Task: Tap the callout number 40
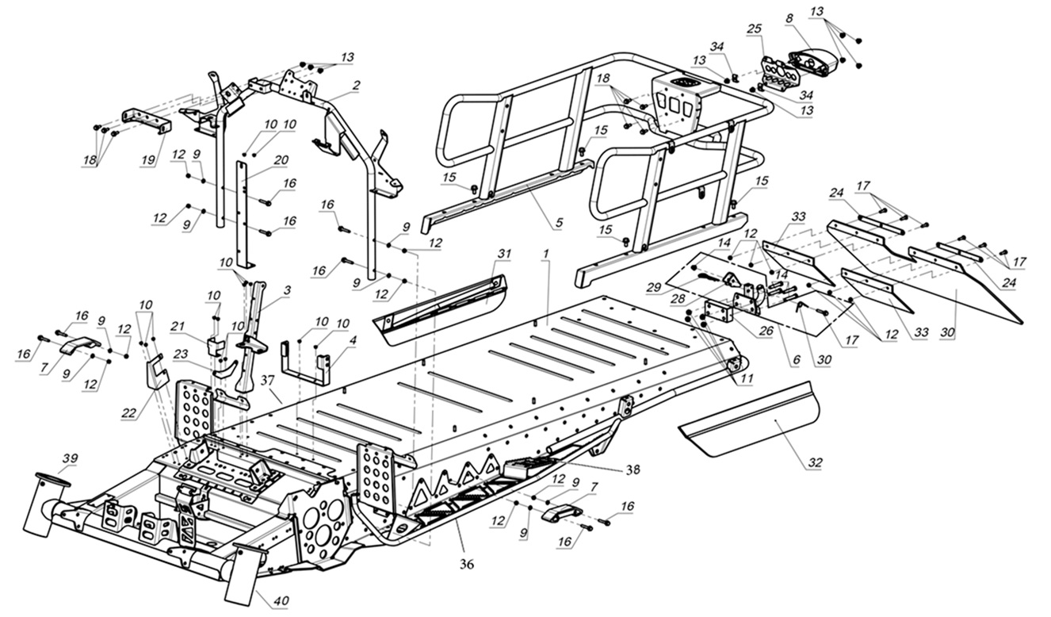tap(280, 602)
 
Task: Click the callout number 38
tap(632, 469)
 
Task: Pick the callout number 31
tap(504, 253)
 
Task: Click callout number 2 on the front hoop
tap(357, 84)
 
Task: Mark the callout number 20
tap(281, 159)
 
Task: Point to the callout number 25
tap(754, 28)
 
